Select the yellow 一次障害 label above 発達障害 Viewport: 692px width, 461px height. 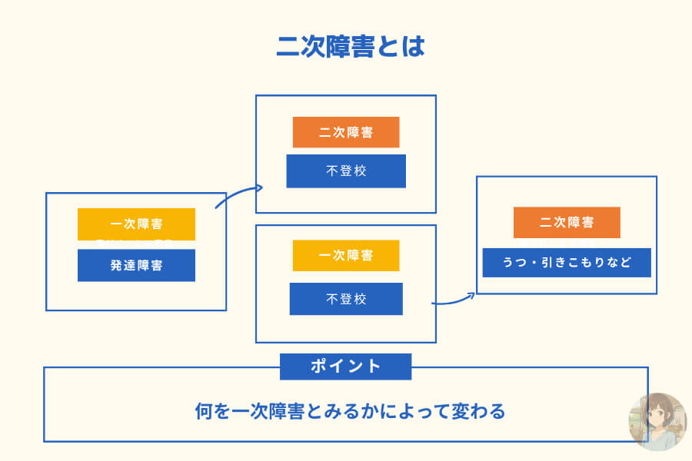(136, 224)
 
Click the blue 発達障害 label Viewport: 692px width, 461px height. (136, 265)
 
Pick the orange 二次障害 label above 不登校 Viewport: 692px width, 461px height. (346, 132)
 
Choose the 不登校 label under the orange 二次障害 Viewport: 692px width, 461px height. (346, 171)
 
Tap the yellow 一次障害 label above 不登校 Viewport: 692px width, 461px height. (346, 255)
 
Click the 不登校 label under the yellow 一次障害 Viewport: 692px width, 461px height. (346, 299)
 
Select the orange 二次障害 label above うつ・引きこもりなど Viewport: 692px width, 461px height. (567, 222)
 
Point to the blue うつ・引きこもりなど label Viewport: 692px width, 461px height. (567, 263)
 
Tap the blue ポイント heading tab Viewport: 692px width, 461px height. (345, 366)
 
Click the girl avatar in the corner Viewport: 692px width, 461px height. (657, 420)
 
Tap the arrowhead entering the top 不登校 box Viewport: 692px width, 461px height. (260, 187)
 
